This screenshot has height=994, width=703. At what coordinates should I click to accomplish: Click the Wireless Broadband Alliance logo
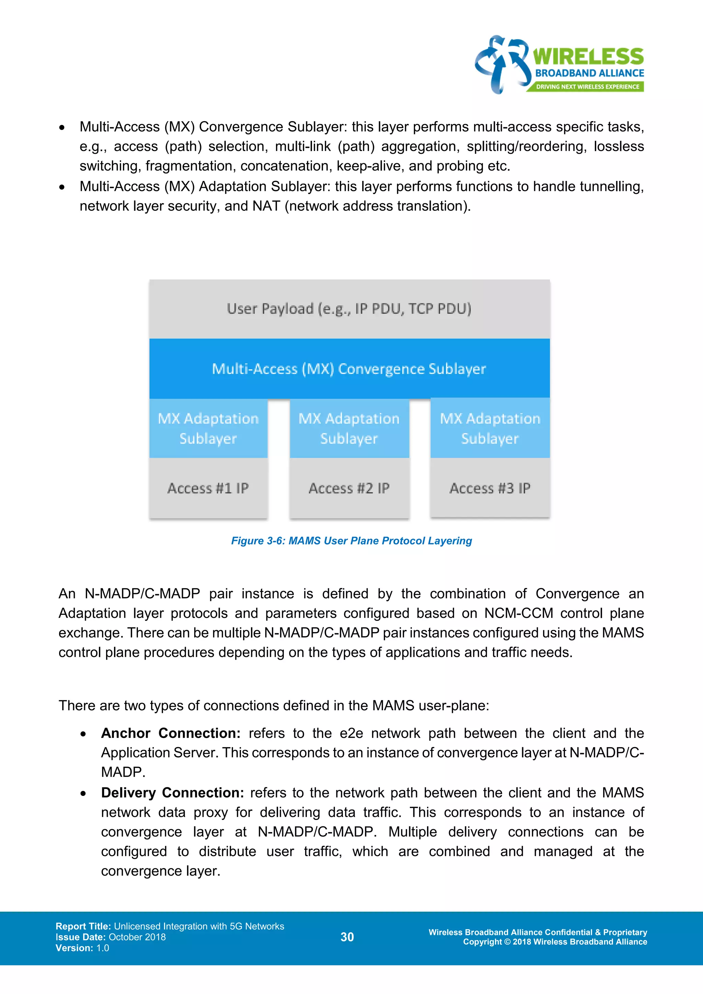559,65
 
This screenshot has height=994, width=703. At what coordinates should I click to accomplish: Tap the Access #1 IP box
208,488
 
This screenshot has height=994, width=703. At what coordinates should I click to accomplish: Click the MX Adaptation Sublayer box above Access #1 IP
208,428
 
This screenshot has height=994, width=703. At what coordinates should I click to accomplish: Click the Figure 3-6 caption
351,541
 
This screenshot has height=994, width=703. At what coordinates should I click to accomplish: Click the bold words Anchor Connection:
171,733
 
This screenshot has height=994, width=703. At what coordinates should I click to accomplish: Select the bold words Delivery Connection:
172,793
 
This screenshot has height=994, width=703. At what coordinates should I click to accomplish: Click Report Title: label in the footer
83,926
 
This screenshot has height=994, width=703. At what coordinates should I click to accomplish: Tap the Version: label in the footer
74,948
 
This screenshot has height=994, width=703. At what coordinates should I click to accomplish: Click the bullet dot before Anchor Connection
83,734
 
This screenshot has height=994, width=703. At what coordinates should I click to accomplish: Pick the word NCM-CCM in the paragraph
518,613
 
